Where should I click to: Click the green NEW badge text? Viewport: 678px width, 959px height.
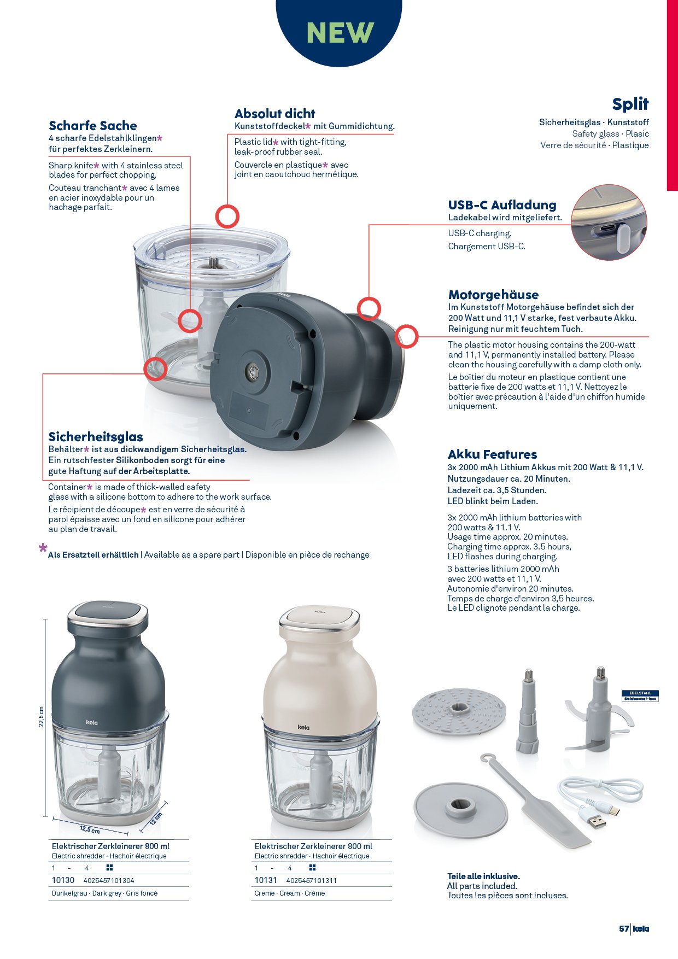click(x=340, y=33)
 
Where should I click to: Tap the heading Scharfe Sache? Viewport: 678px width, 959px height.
click(x=92, y=126)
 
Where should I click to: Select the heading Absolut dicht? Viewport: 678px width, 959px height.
click(x=274, y=114)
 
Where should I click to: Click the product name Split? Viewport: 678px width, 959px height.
click(x=630, y=104)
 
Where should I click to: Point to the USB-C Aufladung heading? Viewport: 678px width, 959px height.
click(x=502, y=205)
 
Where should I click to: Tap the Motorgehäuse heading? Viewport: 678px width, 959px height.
click(x=493, y=295)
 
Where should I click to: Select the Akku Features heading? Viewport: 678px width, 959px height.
click(x=492, y=454)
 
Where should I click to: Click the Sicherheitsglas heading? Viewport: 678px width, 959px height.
click(x=96, y=437)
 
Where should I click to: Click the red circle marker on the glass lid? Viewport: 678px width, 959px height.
click(x=227, y=217)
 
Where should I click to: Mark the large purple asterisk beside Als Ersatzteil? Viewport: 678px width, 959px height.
click(x=43, y=548)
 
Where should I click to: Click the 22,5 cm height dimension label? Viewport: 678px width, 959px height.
click(x=40, y=716)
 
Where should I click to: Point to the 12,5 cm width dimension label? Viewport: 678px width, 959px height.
click(x=90, y=829)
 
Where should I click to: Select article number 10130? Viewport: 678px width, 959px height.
click(x=63, y=880)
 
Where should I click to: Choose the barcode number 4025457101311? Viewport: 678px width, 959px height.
click(x=311, y=881)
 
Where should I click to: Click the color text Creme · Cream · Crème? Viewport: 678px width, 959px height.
click(x=290, y=893)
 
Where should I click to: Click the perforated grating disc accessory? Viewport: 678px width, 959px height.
click(x=457, y=713)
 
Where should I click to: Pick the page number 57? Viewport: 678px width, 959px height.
click(x=624, y=929)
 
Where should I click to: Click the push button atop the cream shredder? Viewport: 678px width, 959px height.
click(x=319, y=617)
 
